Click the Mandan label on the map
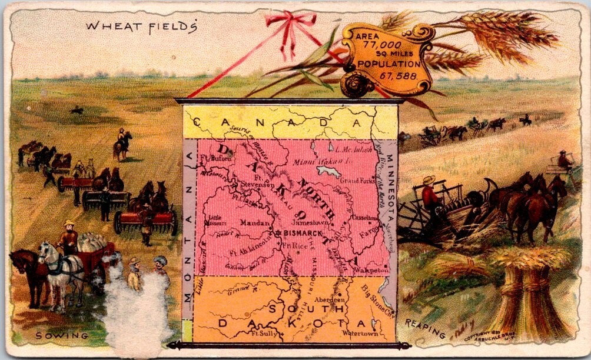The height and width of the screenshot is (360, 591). [x=255, y=223]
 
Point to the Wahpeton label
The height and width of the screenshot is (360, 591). [x=370, y=271]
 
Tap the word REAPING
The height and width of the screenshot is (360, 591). [x=425, y=330]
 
